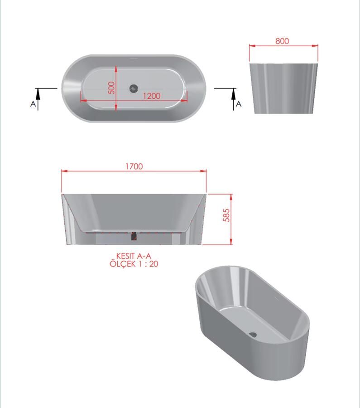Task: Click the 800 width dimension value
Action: pos(282,41)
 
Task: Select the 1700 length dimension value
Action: pos(134,166)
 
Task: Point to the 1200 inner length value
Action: pos(152,96)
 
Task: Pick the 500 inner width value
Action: pos(111,87)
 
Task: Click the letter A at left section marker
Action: pos(33,104)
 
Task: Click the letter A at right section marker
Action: pos(239,104)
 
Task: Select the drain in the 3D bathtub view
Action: pos(253,335)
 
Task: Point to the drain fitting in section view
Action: pos(133,236)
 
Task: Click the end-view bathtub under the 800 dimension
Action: pos(283,88)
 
